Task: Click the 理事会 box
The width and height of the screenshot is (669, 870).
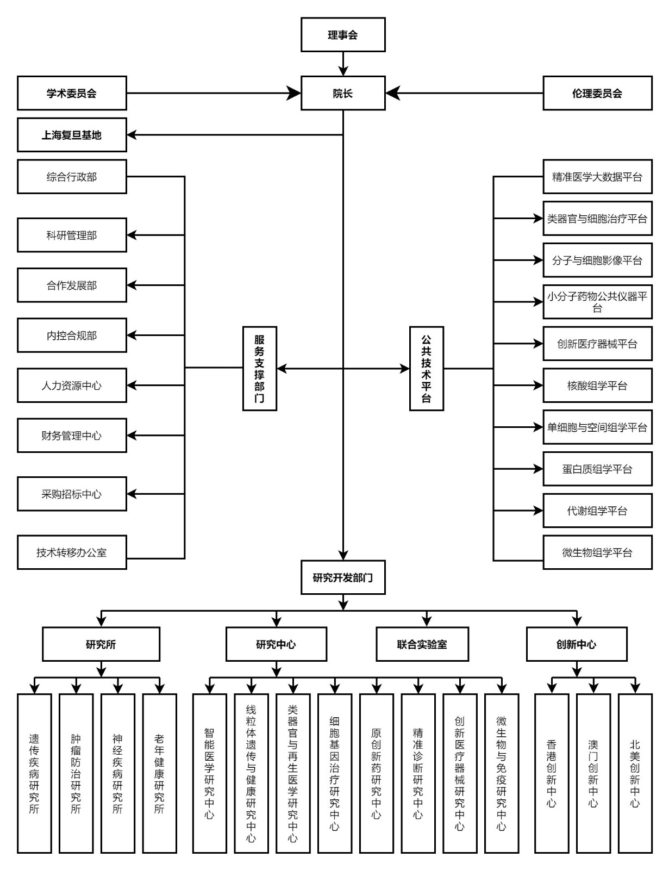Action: (x=343, y=35)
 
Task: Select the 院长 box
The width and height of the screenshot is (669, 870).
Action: (x=343, y=94)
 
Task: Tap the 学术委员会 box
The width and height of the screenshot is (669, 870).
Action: (x=72, y=94)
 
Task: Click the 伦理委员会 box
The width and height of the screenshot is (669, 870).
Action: (x=597, y=94)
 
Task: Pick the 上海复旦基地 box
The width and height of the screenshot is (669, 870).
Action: (x=72, y=135)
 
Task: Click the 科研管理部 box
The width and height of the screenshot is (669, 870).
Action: (x=72, y=235)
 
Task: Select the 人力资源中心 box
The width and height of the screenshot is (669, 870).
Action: (x=72, y=386)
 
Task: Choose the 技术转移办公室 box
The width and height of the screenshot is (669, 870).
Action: (x=72, y=552)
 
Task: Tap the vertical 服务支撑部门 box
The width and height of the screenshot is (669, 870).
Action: (x=260, y=369)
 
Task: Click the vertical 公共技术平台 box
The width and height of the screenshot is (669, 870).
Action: (x=427, y=369)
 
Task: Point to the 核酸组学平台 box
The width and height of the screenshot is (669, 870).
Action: (x=597, y=386)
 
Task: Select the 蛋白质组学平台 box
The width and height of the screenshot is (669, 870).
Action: (x=597, y=469)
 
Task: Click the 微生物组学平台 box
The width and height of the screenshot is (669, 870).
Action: (x=597, y=552)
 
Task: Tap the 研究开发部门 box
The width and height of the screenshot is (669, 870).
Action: (x=343, y=577)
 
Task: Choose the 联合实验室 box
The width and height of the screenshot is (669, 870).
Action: (x=422, y=644)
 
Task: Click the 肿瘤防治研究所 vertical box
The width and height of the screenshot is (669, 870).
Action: (x=76, y=773)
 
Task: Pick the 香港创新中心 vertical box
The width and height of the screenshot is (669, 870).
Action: (x=552, y=773)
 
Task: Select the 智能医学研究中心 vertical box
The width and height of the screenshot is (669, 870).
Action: (x=210, y=773)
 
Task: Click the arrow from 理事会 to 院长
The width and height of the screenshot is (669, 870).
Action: (x=343, y=63)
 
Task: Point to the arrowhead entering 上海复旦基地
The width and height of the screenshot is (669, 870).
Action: (x=132, y=135)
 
